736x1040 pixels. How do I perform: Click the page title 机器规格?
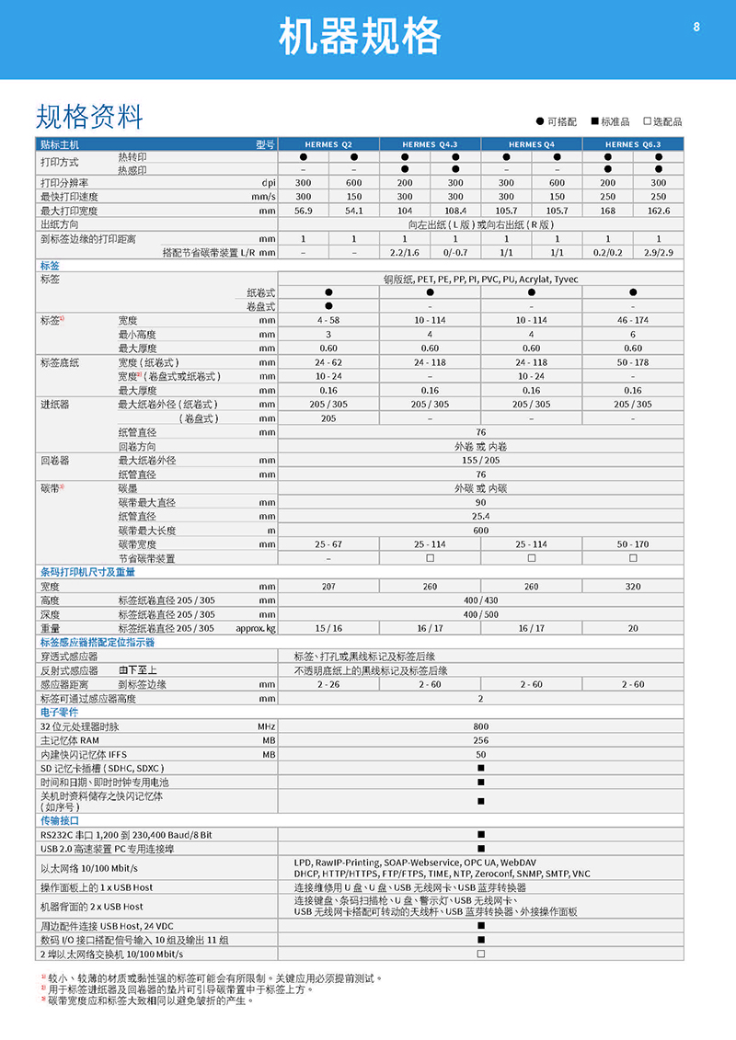[360, 39]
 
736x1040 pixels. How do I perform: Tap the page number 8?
[696, 28]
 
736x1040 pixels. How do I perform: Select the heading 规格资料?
[89, 117]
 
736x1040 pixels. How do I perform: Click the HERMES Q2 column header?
[328, 144]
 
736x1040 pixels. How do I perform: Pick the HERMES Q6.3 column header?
[633, 144]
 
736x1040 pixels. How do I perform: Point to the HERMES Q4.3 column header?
[430, 144]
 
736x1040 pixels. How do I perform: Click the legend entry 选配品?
[662, 121]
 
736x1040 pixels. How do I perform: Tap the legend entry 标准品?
[609, 121]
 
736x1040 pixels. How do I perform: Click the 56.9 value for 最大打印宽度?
[304, 211]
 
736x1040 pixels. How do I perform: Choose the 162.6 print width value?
[658, 211]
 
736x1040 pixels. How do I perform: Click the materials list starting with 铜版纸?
[480, 279]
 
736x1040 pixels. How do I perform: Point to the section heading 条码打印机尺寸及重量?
[87, 572]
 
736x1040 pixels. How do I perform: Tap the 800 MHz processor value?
[480, 726]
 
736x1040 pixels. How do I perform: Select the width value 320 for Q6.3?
[633, 586]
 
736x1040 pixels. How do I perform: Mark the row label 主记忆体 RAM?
[69, 739]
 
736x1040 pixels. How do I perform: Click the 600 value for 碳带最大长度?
[480, 531]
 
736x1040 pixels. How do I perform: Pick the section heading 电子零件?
[59, 712]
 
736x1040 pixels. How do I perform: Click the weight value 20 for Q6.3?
[633, 628]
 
